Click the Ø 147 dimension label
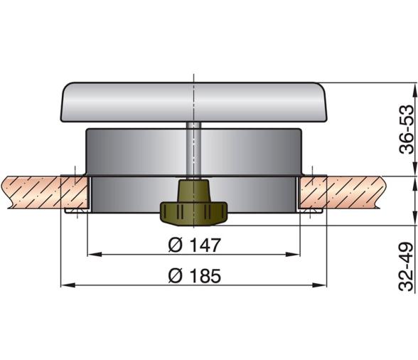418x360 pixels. pyautogui.click(x=195, y=245)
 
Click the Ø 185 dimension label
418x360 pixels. pyautogui.click(x=195, y=275)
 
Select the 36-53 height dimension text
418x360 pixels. pyautogui.click(x=407, y=129)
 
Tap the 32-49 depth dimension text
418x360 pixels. pyautogui.click(x=407, y=266)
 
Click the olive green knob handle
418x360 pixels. pyautogui.click(x=193, y=203)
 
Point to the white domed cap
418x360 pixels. pyautogui.click(x=194, y=102)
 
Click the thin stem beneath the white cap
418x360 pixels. pyautogui.click(x=194, y=149)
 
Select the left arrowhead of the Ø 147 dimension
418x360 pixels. pyautogui.click(x=95, y=254)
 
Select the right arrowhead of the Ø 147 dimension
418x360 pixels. pyautogui.click(x=293, y=254)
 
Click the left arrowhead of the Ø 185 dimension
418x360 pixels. pyautogui.click(x=68, y=285)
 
